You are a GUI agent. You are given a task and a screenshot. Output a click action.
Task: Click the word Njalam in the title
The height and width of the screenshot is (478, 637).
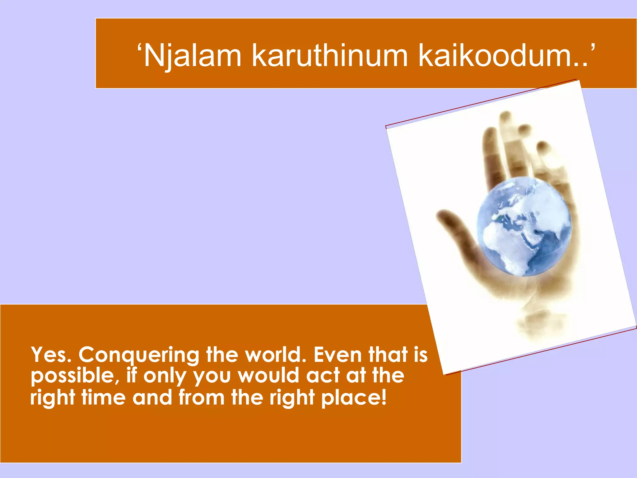[x=193, y=56]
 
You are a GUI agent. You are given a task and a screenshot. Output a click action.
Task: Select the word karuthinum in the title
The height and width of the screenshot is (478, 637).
[x=330, y=56]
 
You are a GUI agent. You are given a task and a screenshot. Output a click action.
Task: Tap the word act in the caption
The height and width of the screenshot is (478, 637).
[x=322, y=376]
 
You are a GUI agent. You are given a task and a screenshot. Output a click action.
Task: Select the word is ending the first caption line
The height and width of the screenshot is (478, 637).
[x=421, y=355]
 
